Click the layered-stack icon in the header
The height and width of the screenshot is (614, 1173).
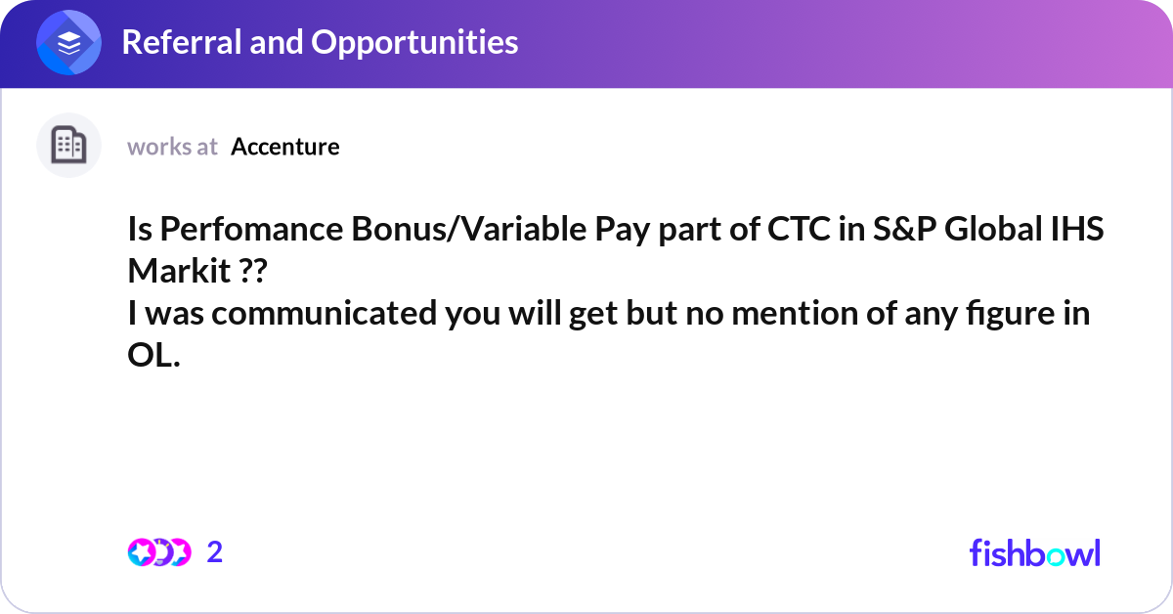tap(68, 42)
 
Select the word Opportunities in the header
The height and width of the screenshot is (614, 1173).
tap(414, 43)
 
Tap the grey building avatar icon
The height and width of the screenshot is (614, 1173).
tap(68, 145)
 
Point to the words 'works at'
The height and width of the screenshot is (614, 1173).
tap(172, 147)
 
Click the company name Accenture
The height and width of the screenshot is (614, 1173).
tap(285, 147)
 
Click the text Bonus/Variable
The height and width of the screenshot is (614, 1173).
tap(469, 230)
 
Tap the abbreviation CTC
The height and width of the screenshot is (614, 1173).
tap(799, 229)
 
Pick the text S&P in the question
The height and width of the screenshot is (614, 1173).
tap(904, 229)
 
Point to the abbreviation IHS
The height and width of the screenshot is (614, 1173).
tap(1077, 229)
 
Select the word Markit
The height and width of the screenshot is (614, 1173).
tap(179, 271)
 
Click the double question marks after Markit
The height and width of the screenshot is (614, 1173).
tap(253, 271)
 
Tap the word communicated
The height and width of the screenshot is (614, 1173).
tap(325, 313)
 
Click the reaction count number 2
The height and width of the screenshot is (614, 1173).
tap(215, 552)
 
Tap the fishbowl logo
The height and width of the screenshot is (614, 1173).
tap(1035, 552)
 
